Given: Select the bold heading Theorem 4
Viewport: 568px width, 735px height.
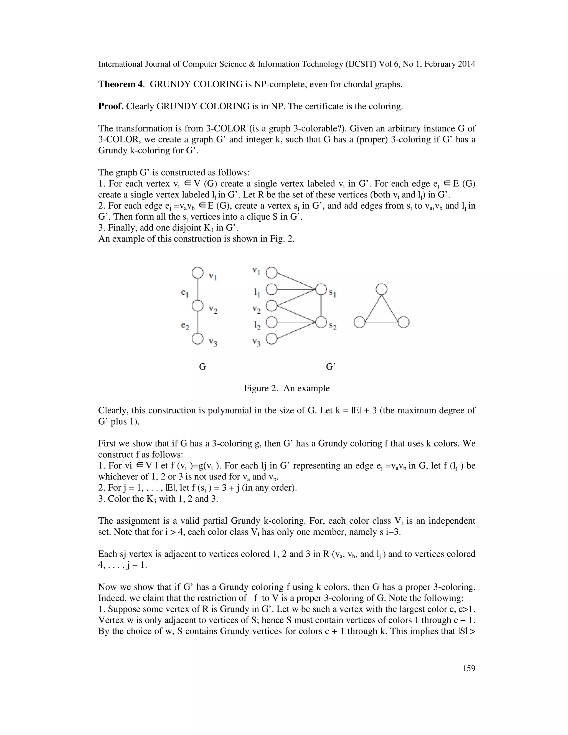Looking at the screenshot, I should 121,84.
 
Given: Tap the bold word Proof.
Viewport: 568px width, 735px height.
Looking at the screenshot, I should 111,106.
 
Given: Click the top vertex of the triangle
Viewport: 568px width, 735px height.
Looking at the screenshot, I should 381,289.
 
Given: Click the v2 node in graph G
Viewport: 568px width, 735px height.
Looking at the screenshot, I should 197,306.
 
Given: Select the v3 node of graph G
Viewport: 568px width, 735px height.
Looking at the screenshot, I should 197,339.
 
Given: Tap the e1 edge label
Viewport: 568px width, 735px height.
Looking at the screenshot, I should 184,293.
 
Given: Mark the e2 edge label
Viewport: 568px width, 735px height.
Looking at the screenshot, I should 185,326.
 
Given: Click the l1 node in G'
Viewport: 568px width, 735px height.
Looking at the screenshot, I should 272,289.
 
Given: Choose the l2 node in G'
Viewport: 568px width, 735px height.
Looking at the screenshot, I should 272,323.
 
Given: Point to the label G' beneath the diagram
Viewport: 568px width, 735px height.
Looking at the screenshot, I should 331,366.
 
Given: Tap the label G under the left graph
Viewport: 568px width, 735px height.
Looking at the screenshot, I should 202,366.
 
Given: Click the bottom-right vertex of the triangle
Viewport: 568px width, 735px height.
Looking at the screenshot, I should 404,322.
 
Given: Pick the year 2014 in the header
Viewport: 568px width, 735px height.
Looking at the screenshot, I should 466,64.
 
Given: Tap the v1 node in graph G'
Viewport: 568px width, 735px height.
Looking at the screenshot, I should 272,273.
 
